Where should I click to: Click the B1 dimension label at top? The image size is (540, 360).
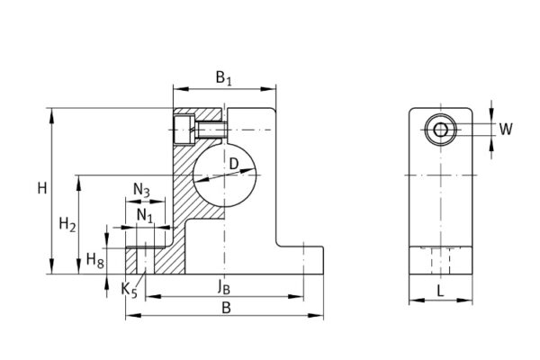(223, 78)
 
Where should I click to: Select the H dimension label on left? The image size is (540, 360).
(40, 188)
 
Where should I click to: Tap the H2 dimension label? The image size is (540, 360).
(66, 223)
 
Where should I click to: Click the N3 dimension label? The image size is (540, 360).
(141, 190)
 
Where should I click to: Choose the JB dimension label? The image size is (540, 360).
(223, 288)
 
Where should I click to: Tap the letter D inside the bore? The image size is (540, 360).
(233, 164)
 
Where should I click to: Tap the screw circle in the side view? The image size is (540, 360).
(440, 130)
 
